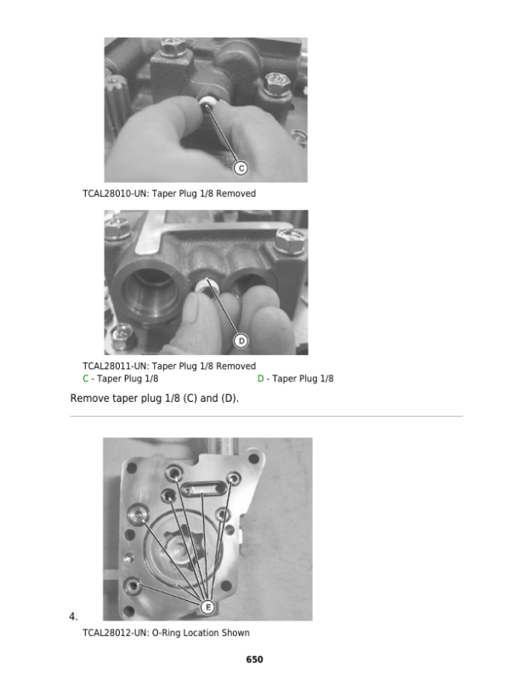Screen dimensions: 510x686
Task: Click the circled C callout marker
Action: [241, 168]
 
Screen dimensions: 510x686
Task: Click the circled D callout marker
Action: [241, 340]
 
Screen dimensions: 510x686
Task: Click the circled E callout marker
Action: [207, 607]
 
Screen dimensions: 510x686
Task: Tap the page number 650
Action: [254, 660]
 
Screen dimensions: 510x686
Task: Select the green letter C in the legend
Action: [86, 379]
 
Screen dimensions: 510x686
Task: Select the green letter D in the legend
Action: [260, 379]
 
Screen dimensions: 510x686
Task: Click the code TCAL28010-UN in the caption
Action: [116, 193]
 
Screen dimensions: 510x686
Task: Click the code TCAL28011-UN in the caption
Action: [116, 366]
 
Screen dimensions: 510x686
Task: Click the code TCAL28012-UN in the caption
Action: [116, 632]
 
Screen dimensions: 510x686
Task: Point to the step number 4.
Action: [73, 616]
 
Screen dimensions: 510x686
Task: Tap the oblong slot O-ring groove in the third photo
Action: [203, 489]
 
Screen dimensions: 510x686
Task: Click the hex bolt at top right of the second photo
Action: [290, 241]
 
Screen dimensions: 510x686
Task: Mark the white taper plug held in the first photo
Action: [207, 104]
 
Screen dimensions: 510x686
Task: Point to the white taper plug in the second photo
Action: [204, 286]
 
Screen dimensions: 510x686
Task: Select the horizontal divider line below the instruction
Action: [266, 416]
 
